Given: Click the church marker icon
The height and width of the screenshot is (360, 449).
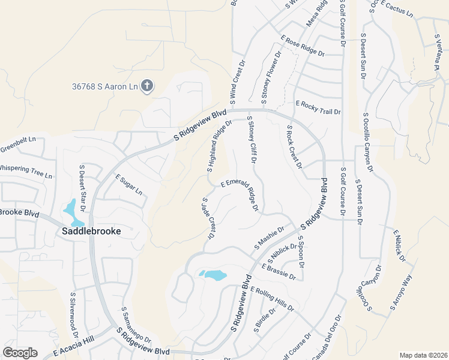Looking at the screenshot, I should (146, 86).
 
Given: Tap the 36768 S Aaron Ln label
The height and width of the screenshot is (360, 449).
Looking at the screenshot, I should (104, 87).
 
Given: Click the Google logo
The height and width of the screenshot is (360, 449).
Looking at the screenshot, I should (20, 353).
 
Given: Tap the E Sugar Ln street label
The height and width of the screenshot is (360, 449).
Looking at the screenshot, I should (128, 185).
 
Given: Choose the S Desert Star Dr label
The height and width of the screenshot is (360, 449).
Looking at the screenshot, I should (83, 186).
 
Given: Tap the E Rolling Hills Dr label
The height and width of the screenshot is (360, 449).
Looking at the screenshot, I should (273, 298).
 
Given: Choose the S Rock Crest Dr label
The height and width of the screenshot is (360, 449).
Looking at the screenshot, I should (294, 148).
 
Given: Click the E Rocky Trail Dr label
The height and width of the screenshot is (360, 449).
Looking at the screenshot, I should (318, 108).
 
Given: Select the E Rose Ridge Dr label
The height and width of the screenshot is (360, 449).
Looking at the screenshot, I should (303, 46).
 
